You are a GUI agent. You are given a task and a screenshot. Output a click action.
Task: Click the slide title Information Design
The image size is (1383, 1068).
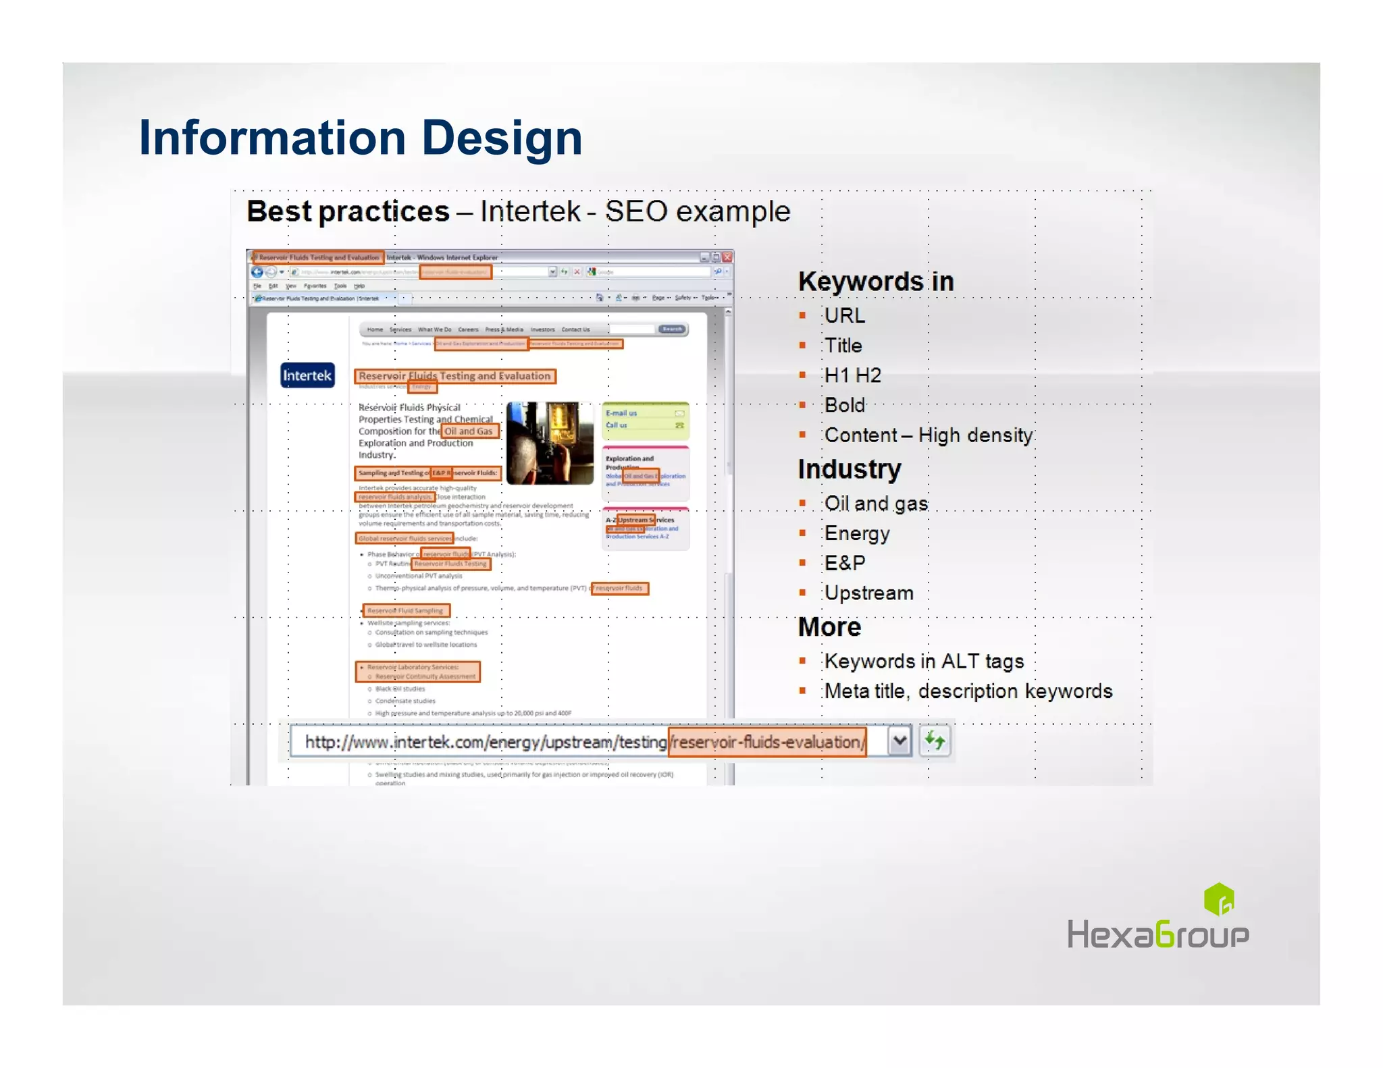tap(360, 138)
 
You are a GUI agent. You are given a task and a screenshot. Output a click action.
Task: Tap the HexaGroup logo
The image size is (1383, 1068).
tap(1157, 918)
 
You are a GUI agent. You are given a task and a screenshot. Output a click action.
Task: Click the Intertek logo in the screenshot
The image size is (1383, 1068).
tap(307, 375)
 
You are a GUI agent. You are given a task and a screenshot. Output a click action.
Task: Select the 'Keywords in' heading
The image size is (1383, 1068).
tap(875, 282)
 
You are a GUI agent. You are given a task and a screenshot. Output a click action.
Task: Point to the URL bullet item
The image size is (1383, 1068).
tap(844, 315)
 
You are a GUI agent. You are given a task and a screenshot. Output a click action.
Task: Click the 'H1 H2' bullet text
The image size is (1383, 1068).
tap(852, 375)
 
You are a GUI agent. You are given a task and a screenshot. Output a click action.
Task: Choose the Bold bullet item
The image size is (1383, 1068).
tap(844, 405)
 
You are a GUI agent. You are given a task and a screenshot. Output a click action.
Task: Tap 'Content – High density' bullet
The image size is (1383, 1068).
tap(928, 435)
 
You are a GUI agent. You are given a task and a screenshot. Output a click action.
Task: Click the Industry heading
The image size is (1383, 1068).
tap(849, 469)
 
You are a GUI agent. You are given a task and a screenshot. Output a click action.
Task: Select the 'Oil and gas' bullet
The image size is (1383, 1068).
tap(876, 504)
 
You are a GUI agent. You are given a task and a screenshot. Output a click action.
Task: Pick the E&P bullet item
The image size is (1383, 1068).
tap(844, 563)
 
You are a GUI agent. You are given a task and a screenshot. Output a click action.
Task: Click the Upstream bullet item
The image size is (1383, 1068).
tap(868, 593)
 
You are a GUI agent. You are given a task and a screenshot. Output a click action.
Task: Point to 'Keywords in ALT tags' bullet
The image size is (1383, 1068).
tap(924, 662)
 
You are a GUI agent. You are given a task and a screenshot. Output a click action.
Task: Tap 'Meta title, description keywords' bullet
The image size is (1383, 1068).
tap(968, 691)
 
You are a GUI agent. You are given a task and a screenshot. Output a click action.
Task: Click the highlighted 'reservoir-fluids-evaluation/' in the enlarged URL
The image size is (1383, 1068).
tap(767, 742)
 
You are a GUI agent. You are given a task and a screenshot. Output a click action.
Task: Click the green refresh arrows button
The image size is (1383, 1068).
tap(935, 741)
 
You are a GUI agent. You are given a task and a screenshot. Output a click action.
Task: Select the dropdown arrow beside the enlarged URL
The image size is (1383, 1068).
tap(899, 741)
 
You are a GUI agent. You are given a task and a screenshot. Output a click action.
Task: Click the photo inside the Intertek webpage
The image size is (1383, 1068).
tap(550, 443)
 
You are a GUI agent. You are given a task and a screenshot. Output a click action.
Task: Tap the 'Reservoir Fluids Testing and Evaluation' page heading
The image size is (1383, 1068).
tap(454, 376)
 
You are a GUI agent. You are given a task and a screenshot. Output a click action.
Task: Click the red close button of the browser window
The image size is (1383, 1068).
tap(727, 257)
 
